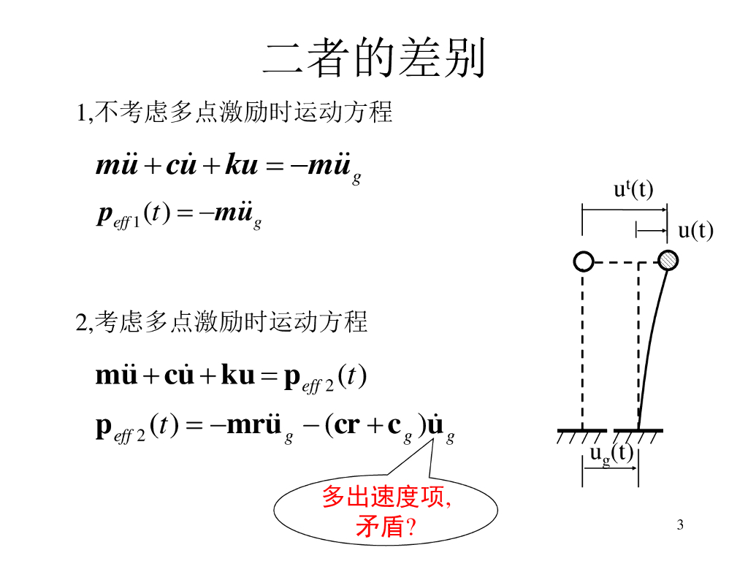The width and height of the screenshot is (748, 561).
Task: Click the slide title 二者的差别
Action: pos(374,58)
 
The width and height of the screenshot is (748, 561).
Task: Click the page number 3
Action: pos(680,524)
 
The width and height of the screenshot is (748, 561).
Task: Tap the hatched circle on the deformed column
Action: pos(668,260)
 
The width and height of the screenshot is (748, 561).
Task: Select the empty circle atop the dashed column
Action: pos(583,261)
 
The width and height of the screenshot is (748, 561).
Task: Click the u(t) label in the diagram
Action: pos(695,231)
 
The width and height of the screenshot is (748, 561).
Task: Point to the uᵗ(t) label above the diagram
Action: pos(633,190)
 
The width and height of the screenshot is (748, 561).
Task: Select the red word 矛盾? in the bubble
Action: pos(386,526)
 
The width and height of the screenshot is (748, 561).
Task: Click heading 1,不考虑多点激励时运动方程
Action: pos(234,112)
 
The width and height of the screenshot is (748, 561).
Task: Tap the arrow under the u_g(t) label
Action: pos(611,468)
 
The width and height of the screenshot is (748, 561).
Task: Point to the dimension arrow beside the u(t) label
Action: pos(652,231)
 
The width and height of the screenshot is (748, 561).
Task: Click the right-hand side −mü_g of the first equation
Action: pos(325,167)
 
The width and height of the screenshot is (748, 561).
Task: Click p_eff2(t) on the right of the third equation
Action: pos(325,377)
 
